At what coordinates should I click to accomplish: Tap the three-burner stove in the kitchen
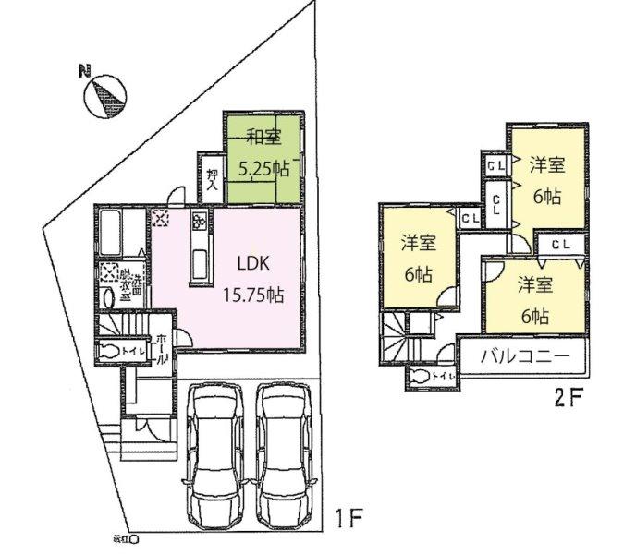pos(199,222)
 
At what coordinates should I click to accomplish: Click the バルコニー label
pos(520,356)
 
